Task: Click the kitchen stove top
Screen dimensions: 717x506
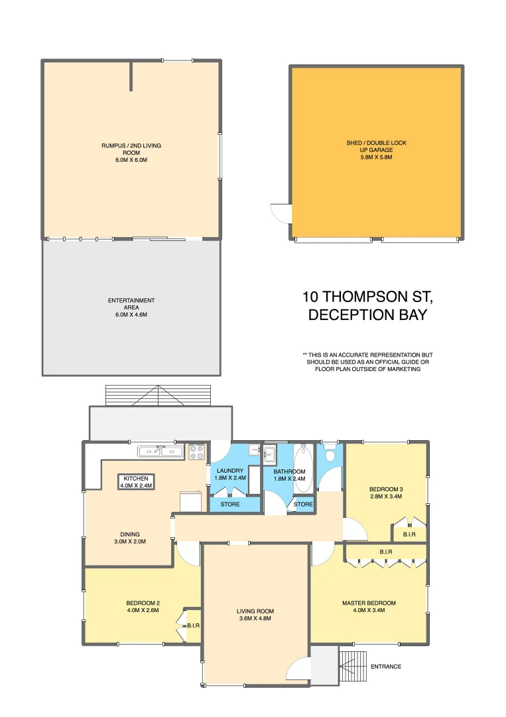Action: coord(197,452)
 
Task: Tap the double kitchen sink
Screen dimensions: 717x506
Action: coord(160,452)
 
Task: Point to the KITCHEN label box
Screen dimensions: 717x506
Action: coord(136,481)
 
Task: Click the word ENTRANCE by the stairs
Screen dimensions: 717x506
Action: coord(385,667)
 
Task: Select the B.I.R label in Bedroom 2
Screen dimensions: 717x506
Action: coord(194,625)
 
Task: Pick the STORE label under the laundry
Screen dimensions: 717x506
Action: coord(229,505)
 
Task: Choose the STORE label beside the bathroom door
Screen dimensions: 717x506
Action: coord(303,505)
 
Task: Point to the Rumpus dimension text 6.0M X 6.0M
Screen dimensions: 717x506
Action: coord(131,160)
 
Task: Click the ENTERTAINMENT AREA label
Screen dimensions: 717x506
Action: coord(131,304)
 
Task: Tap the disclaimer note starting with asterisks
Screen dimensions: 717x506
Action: coord(367,362)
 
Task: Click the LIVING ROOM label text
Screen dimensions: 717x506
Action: coord(255,611)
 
